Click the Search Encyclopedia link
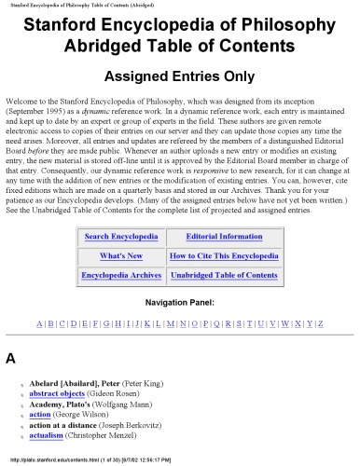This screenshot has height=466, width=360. tap(121, 237)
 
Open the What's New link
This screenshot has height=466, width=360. tap(121, 255)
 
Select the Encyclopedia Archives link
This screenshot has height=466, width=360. tap(121, 275)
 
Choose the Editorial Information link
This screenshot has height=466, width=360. tap(224, 237)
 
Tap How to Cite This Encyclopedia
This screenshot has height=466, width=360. tap(224, 255)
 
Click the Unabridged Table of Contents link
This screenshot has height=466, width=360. tap(224, 275)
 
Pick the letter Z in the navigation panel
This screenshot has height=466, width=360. tap(321, 322)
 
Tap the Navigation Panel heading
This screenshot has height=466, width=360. tap(180, 302)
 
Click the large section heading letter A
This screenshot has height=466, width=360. tap(10, 358)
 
